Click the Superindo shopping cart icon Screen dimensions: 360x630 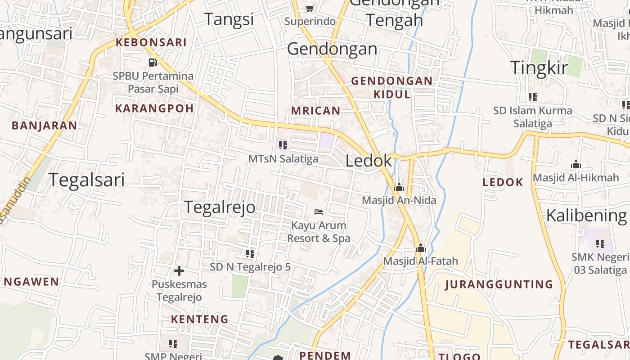pos(310,8)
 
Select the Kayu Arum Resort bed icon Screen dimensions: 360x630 pos(319,211)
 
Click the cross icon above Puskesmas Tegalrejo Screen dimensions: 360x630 pos(179,271)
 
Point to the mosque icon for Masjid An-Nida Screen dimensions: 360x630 pos(399,187)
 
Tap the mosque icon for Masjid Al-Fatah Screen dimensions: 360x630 pos(421,248)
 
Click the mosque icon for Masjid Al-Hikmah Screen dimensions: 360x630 pos(576,164)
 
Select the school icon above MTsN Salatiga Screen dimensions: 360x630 pos(283,145)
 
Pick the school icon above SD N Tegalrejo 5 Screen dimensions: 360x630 pos(250,253)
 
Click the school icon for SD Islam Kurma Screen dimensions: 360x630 pos(533,97)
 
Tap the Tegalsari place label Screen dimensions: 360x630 pos(86,180)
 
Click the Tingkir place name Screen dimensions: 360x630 pos(539,67)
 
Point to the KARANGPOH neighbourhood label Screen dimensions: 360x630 pos(154,108)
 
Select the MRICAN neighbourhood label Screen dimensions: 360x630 pos(316,111)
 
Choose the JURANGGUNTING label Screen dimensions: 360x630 pos(499,284)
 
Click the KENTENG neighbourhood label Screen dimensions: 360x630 pos(199,319)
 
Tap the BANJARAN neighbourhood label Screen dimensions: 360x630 pos(44,126)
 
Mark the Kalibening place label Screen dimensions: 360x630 pos(586,216)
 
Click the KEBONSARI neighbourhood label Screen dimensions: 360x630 pos(151,43)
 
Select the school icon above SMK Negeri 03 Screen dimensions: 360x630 pos(600,243)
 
